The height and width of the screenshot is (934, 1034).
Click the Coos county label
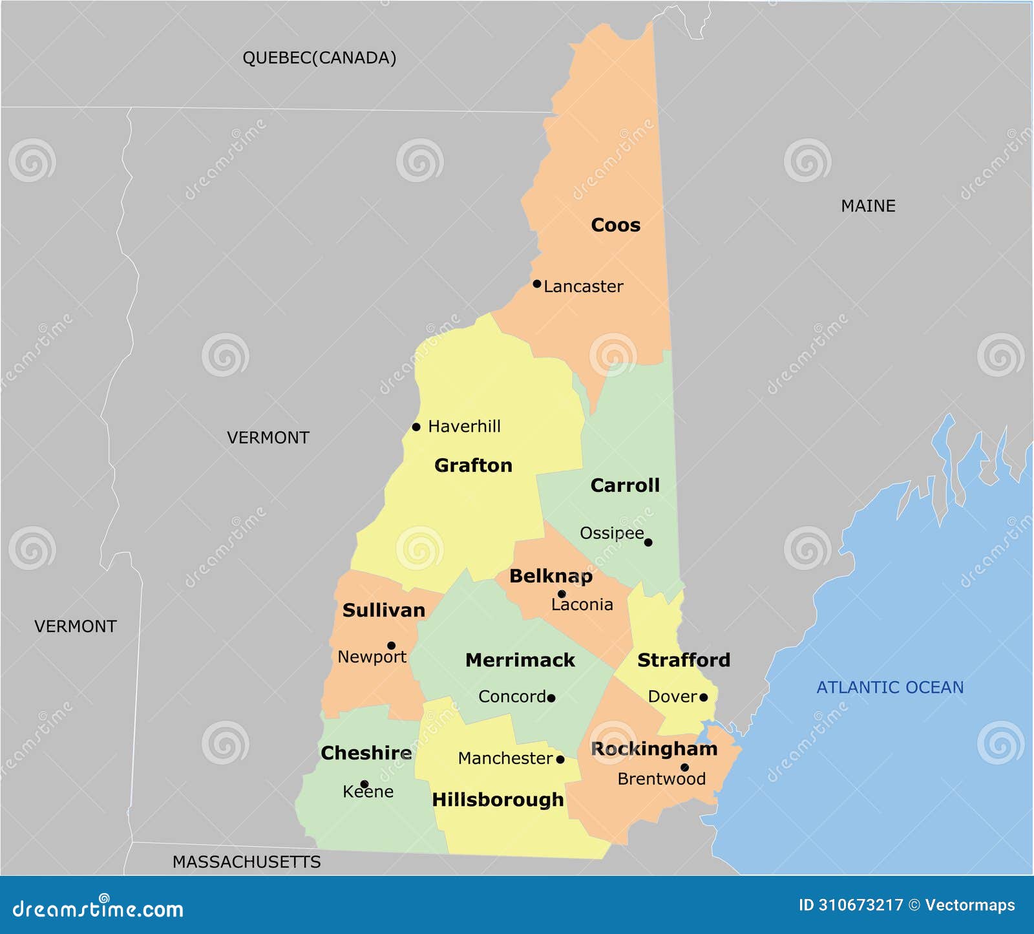pos(615,225)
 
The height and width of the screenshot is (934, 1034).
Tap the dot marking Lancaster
pos(536,284)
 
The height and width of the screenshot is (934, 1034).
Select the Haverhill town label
pos(464,427)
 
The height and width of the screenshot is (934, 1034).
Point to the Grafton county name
pos(473,465)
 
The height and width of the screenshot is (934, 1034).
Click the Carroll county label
pos(625,485)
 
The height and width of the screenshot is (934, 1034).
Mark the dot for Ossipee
pos(648,542)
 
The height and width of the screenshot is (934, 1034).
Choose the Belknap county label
pos(551,576)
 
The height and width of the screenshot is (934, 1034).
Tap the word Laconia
pos(582,604)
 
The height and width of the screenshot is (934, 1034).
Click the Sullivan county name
pos(384,610)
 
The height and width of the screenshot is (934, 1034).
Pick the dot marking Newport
pos(391,645)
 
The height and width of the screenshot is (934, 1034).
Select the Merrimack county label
pos(520,660)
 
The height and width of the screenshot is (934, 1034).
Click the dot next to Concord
pos(551,698)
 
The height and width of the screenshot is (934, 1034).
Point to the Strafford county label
pos(684,660)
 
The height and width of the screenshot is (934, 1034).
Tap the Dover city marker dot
pos(703,697)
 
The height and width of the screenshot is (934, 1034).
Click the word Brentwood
pos(661,779)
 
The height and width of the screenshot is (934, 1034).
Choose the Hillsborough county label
pos(498,800)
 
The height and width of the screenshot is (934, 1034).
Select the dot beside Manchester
pos(560,759)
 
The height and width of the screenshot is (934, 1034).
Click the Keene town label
pos(368,792)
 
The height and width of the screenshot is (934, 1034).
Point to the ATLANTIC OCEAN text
pos(890,687)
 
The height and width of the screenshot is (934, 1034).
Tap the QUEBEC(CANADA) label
pos(319,58)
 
